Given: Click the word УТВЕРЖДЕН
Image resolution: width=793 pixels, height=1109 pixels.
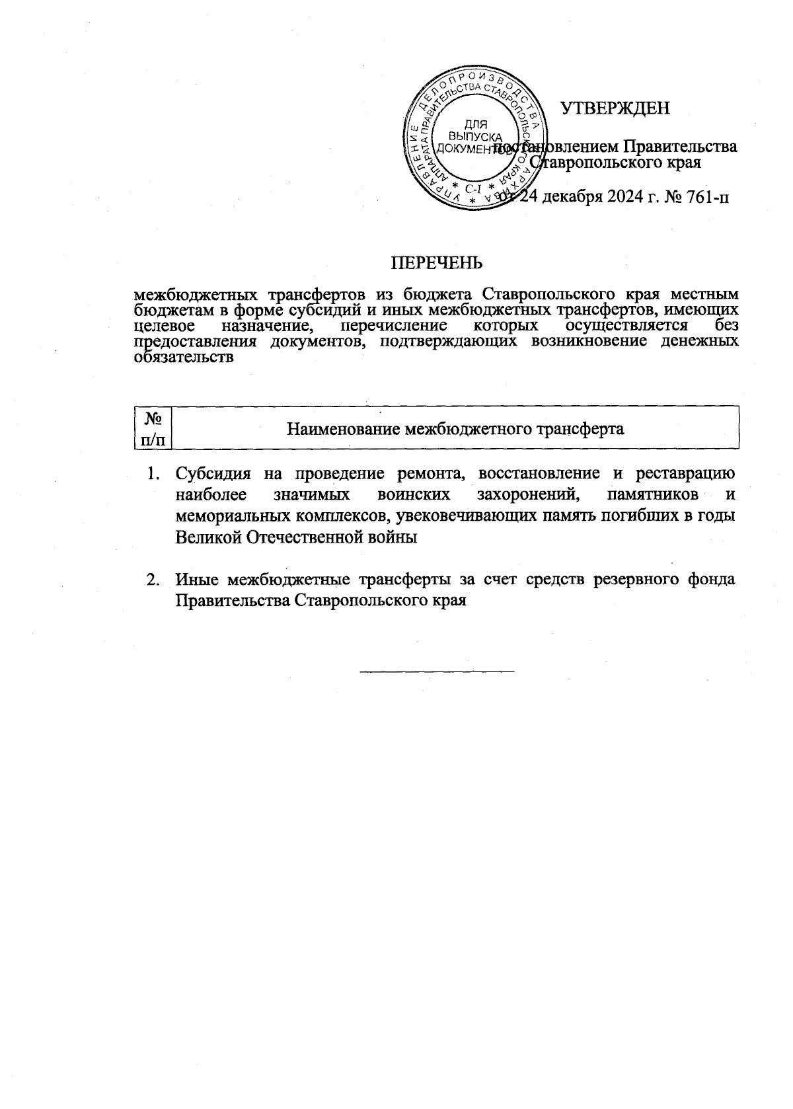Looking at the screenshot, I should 615,108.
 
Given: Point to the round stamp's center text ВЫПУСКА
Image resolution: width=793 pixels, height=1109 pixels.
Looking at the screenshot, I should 474,136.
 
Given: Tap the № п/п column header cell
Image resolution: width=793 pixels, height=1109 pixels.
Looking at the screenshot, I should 153,428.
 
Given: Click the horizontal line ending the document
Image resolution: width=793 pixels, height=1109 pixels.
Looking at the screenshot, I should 437,671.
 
